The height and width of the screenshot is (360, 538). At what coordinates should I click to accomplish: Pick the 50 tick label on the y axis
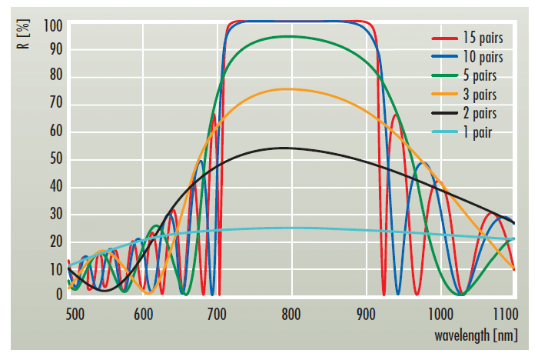click(55, 160)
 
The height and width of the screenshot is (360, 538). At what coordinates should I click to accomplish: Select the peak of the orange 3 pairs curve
click(287, 88)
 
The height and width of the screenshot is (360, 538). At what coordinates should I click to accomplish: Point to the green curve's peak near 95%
click(289, 36)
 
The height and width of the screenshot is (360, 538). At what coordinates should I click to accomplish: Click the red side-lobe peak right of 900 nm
click(395, 115)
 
